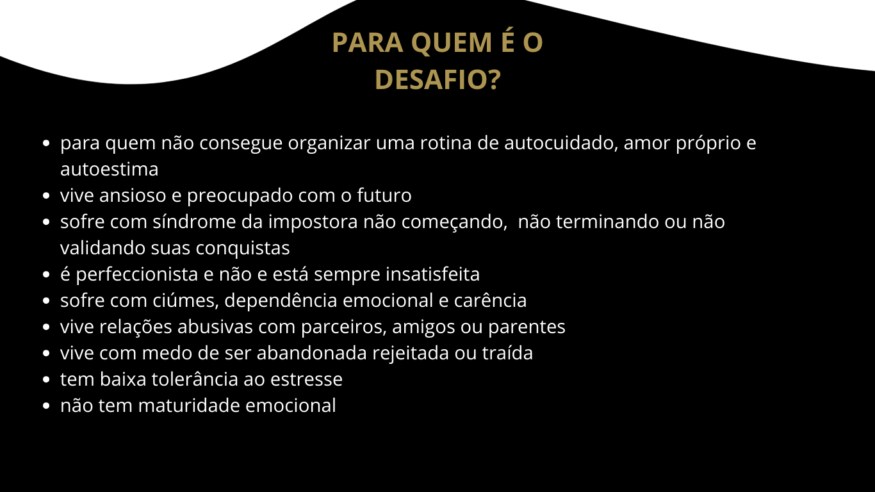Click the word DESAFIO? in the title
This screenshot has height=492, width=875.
pyautogui.click(x=437, y=79)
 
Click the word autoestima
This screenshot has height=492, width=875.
pyautogui.click(x=110, y=169)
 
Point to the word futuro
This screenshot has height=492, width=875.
pyautogui.click(x=384, y=195)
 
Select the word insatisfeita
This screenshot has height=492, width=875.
pyautogui.click(x=433, y=274)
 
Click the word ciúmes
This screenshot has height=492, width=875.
pyautogui.click(x=186, y=301)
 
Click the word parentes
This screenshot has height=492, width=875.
pyautogui.click(x=527, y=327)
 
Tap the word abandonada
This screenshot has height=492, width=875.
pyautogui.click(x=312, y=353)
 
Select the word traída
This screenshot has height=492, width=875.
pyautogui.click(x=507, y=353)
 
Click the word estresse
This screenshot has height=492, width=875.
pyautogui.click(x=306, y=379)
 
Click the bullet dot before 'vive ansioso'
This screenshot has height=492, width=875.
pyautogui.click(x=46, y=195)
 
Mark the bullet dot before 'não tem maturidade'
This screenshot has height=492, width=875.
pyautogui.click(x=46, y=406)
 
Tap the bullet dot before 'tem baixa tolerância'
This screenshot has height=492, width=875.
pyautogui.click(x=46, y=379)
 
